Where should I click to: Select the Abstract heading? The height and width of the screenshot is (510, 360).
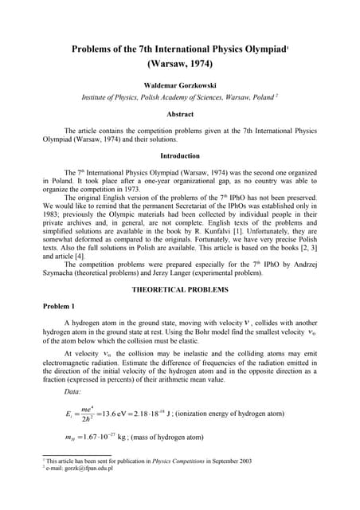click(180, 114)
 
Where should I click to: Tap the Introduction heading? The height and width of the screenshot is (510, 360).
click(180, 155)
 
